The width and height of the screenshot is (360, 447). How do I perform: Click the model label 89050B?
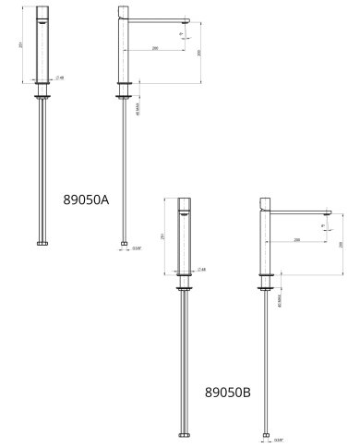(229, 392)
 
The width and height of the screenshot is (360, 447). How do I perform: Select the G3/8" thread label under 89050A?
(137, 248)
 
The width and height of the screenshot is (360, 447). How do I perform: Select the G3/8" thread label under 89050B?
(279, 440)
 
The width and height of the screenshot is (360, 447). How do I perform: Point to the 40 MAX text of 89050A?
(137, 108)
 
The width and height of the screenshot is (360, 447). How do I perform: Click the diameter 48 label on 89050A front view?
(60, 78)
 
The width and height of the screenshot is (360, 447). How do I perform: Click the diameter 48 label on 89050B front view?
(201, 269)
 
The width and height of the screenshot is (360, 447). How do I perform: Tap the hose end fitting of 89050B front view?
(185, 434)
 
